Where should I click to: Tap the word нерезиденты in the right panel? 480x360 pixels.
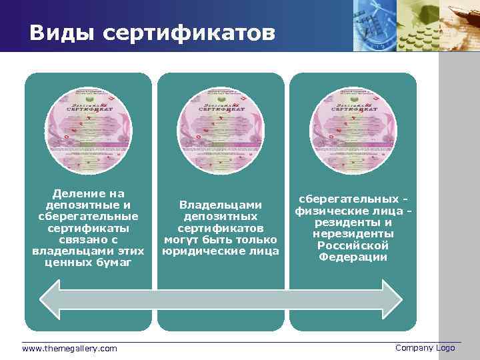click(x=353, y=234)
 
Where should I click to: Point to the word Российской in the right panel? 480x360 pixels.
click(x=353, y=245)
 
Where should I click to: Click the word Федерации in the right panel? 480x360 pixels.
click(x=353, y=257)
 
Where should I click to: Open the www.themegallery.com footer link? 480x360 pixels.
click(x=69, y=349)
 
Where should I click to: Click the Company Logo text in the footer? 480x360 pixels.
click(x=425, y=348)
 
